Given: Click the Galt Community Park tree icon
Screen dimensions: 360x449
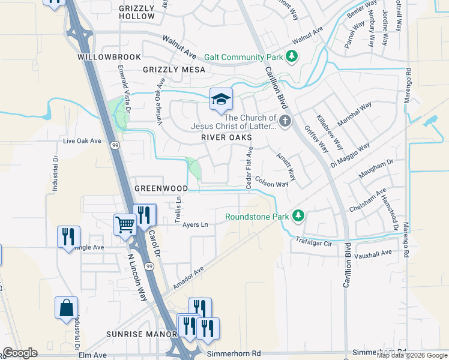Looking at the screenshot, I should coord(292,57).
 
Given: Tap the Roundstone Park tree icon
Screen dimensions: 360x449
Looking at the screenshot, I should coord(297,216).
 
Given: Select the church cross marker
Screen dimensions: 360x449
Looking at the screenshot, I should coord(285,122).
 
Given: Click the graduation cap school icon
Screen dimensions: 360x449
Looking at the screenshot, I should coord(221,99).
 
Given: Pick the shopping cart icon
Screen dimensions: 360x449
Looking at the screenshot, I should coord(125,225).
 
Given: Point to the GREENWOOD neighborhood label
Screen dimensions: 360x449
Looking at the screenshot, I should coord(161,188).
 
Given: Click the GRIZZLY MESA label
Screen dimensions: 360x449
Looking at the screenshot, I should coord(174,70).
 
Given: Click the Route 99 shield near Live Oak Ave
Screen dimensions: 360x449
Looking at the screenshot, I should coord(114,144).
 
